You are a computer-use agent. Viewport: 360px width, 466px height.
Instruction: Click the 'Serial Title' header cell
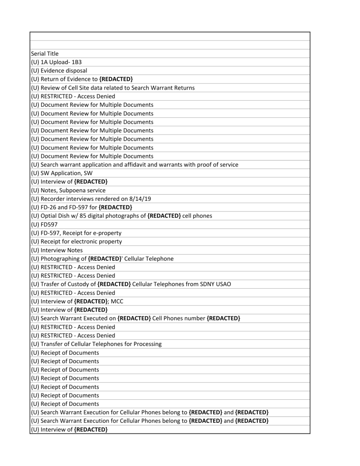pos(45,54)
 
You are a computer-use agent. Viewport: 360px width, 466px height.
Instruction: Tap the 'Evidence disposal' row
pos(59,71)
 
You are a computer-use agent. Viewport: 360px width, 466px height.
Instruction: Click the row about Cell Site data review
pos(112,88)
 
